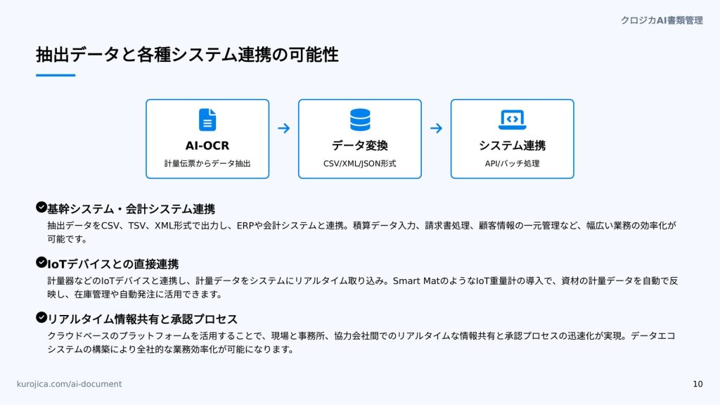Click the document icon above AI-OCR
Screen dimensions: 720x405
pos(207,120)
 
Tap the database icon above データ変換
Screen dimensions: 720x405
pos(360,120)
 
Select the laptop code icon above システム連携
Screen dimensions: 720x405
pos(513,120)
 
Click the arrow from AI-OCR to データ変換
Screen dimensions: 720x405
pos(284,128)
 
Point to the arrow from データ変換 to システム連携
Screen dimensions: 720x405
pos(436,128)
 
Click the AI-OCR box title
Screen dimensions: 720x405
pos(207,146)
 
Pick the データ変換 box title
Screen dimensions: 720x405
pos(360,146)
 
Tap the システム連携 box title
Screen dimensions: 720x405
pos(513,146)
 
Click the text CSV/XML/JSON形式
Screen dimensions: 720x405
pos(359,163)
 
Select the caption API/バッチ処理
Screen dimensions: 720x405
pos(512,163)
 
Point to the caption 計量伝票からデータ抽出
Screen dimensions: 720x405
pos(207,163)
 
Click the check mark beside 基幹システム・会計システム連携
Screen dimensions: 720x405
pos(41,207)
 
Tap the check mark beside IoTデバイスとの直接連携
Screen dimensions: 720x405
pos(41,262)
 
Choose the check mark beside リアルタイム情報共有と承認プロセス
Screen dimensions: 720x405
pos(41,317)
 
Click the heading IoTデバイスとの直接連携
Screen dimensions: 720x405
pos(113,264)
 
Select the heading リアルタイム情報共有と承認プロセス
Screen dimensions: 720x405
pos(142,319)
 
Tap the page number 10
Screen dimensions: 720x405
pos(698,384)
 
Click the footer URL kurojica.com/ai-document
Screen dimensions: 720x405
pos(70,384)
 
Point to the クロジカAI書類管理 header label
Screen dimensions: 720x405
pos(662,20)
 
